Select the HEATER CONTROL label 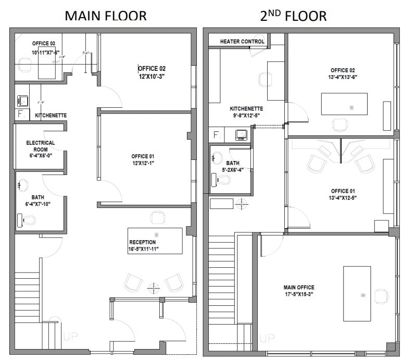[x=242, y=41]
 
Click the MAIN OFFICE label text [x=299, y=287]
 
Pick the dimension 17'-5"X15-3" [x=299, y=294]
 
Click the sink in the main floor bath [x=23, y=185]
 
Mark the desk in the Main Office [x=357, y=293]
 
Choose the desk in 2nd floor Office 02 [x=344, y=104]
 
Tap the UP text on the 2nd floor [x=267, y=338]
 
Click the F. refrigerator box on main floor [x=21, y=114]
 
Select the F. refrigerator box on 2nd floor [x=217, y=135]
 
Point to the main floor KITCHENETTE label [x=51, y=115]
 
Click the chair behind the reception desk [x=157, y=218]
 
